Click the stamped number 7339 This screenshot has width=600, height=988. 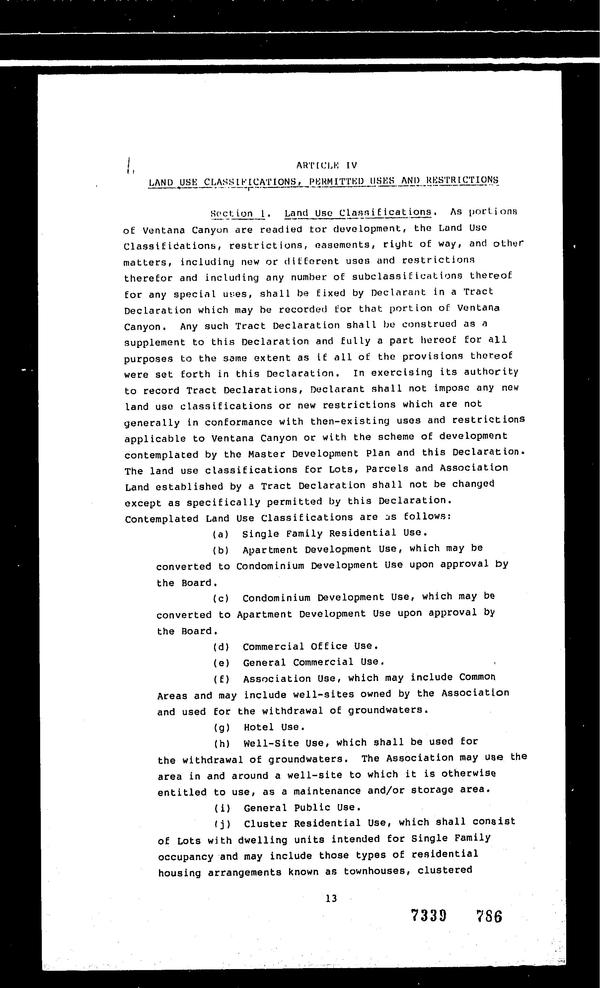[428, 916]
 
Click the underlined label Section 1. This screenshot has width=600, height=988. [238, 214]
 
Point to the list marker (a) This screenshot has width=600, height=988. [220, 535]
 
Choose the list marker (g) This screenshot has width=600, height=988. [222, 727]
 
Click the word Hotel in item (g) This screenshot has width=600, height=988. [259, 727]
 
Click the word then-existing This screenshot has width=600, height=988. [350, 421]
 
